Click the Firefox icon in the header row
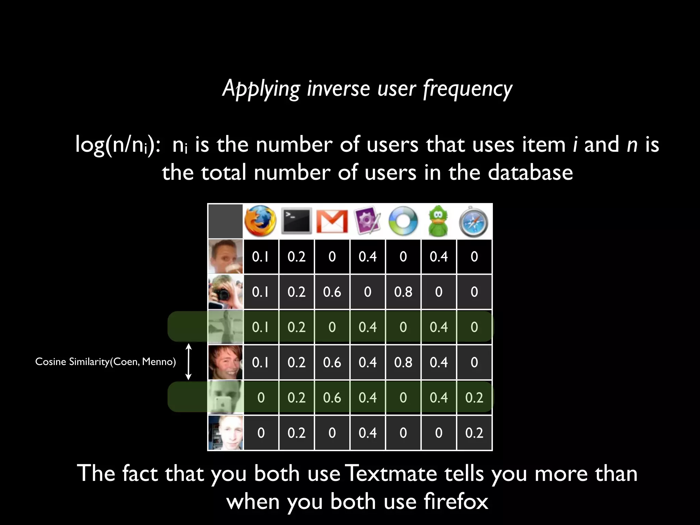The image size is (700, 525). pyautogui.click(x=260, y=221)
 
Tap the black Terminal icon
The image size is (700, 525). pyautogui.click(x=297, y=221)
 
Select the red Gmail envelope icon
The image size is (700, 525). pyautogui.click(x=332, y=221)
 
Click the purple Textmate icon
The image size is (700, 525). pyautogui.click(x=367, y=221)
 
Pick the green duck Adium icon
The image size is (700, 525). pyautogui.click(x=439, y=221)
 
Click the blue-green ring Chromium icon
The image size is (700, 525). pyautogui.click(x=403, y=221)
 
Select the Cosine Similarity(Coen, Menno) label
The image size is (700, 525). pyautogui.click(x=105, y=362)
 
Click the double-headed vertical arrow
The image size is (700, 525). pyautogui.click(x=188, y=362)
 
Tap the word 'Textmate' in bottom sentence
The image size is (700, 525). pyautogui.click(x=392, y=474)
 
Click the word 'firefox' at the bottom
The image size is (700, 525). pyautogui.click(x=456, y=502)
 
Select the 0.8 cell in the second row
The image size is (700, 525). pyautogui.click(x=403, y=292)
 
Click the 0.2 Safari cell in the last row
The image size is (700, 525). pyautogui.click(x=474, y=433)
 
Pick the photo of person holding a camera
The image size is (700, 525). pyautogui.click(x=226, y=292)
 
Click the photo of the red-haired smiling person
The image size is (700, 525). pyautogui.click(x=226, y=362)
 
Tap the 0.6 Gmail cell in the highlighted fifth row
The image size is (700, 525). pyautogui.click(x=332, y=398)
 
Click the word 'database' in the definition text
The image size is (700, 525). pyautogui.click(x=530, y=172)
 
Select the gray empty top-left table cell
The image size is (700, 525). pyautogui.click(x=226, y=221)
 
